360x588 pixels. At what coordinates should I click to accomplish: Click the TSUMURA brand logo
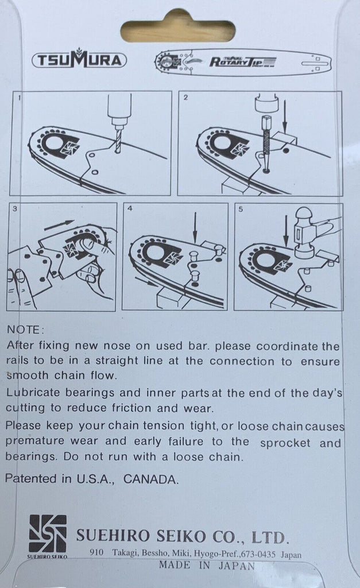click(79, 60)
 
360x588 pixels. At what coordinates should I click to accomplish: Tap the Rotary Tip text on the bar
click(242, 61)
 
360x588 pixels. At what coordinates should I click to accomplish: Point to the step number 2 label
click(186, 98)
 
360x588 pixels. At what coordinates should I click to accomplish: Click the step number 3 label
click(14, 208)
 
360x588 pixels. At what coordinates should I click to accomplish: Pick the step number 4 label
click(130, 208)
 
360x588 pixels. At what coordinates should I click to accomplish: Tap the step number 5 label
click(241, 209)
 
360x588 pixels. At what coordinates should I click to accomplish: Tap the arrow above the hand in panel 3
click(59, 225)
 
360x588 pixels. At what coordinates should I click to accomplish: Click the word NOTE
click(25, 330)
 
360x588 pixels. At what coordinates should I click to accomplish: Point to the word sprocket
click(285, 443)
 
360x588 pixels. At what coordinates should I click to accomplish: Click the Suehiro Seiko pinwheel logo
click(48, 533)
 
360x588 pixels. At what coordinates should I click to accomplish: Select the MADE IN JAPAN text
click(207, 565)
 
